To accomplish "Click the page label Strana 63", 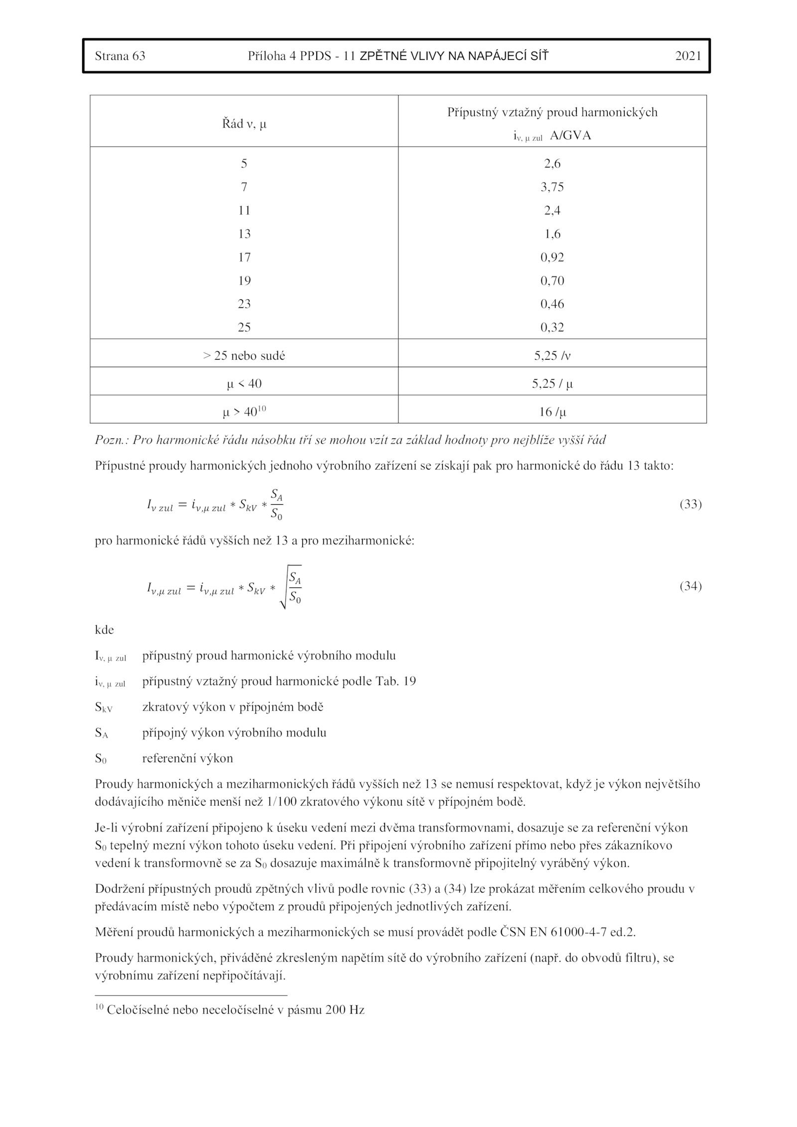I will [x=120, y=56].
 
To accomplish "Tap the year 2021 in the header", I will [x=688, y=56].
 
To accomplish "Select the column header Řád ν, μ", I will [x=244, y=124].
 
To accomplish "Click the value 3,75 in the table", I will [x=552, y=187].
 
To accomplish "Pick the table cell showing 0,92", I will [x=552, y=258].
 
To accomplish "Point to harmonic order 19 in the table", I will [x=244, y=281].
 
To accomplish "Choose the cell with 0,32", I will [x=552, y=327].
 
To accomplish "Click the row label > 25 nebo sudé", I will [x=244, y=356].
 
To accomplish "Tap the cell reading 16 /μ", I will [x=552, y=412].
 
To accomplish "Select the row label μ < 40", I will [x=244, y=384].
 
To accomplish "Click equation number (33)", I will [x=690, y=504].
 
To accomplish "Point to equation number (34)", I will [x=690, y=586].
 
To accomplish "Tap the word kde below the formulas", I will [x=105, y=630].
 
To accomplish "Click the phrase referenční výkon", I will [x=187, y=759].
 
